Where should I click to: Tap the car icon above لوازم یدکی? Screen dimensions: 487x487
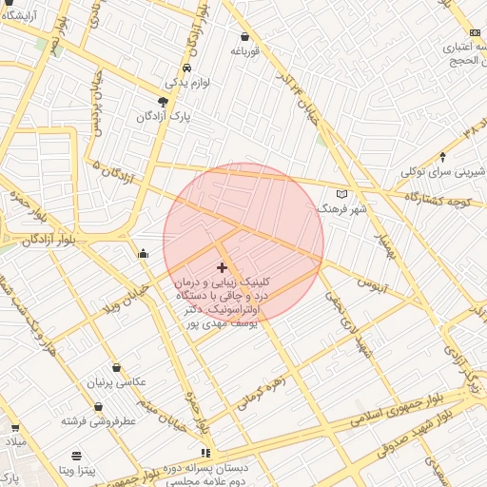[186, 68]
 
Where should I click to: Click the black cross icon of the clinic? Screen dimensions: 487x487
[222, 268]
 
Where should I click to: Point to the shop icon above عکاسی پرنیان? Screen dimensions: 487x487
[116, 367]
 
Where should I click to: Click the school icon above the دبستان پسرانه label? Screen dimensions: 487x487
[205, 454]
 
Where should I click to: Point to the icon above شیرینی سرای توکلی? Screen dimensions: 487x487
[443, 157]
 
